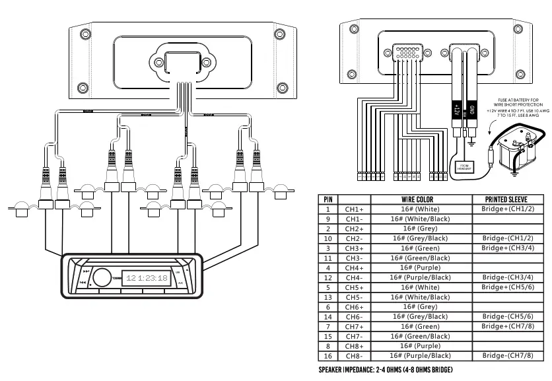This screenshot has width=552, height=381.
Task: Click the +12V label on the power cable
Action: click(456, 109)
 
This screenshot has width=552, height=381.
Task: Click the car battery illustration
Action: click(515, 149)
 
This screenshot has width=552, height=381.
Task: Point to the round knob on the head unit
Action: click(102, 277)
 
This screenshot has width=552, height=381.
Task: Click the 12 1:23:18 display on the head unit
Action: click(147, 278)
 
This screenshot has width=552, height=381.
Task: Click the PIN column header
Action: click(328, 199)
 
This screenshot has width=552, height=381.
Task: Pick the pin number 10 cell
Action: click(328, 238)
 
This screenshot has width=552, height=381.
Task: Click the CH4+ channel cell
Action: click(355, 267)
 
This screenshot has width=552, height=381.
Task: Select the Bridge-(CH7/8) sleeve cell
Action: click(507, 356)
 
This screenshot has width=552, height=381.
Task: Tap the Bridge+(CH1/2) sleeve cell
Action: click(507, 209)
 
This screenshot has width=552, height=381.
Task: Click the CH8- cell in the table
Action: click(355, 356)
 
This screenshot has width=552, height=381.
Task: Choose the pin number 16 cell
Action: click(328, 356)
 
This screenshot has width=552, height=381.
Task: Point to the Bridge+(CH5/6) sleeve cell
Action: click(507, 287)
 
